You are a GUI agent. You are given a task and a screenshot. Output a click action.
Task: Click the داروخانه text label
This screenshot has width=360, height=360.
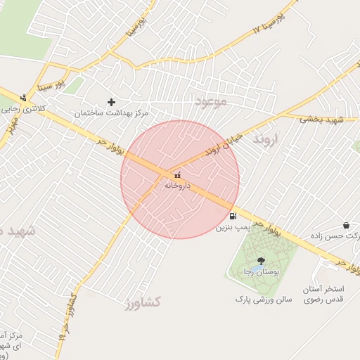click(x=177, y=186)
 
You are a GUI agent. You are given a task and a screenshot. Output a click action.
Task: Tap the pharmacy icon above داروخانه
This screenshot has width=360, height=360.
click(x=176, y=174)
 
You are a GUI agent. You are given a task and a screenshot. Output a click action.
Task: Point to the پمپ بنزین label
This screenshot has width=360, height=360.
click(x=233, y=228)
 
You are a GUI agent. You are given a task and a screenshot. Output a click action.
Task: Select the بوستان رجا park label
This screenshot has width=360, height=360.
click(x=259, y=272)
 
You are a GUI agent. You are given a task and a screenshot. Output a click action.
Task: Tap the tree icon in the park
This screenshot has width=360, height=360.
click(x=261, y=261)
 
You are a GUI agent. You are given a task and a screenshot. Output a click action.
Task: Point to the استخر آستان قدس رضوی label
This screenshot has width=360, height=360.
click(x=323, y=295)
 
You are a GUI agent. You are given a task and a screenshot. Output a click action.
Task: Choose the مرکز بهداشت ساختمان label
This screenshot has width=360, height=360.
click(x=113, y=112)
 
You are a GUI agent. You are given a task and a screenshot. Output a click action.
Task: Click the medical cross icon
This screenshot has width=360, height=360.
click(x=111, y=102)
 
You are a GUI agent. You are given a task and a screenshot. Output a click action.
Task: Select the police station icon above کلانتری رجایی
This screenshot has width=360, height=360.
click(x=23, y=98)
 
